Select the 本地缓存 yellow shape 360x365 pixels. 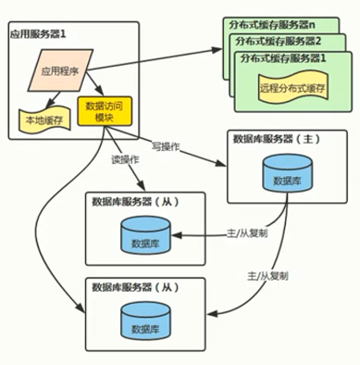pos(44,118)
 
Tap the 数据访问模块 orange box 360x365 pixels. pos(104,112)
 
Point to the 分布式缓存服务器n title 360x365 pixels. pos(275,22)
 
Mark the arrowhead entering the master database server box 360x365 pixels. pos(224,164)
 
